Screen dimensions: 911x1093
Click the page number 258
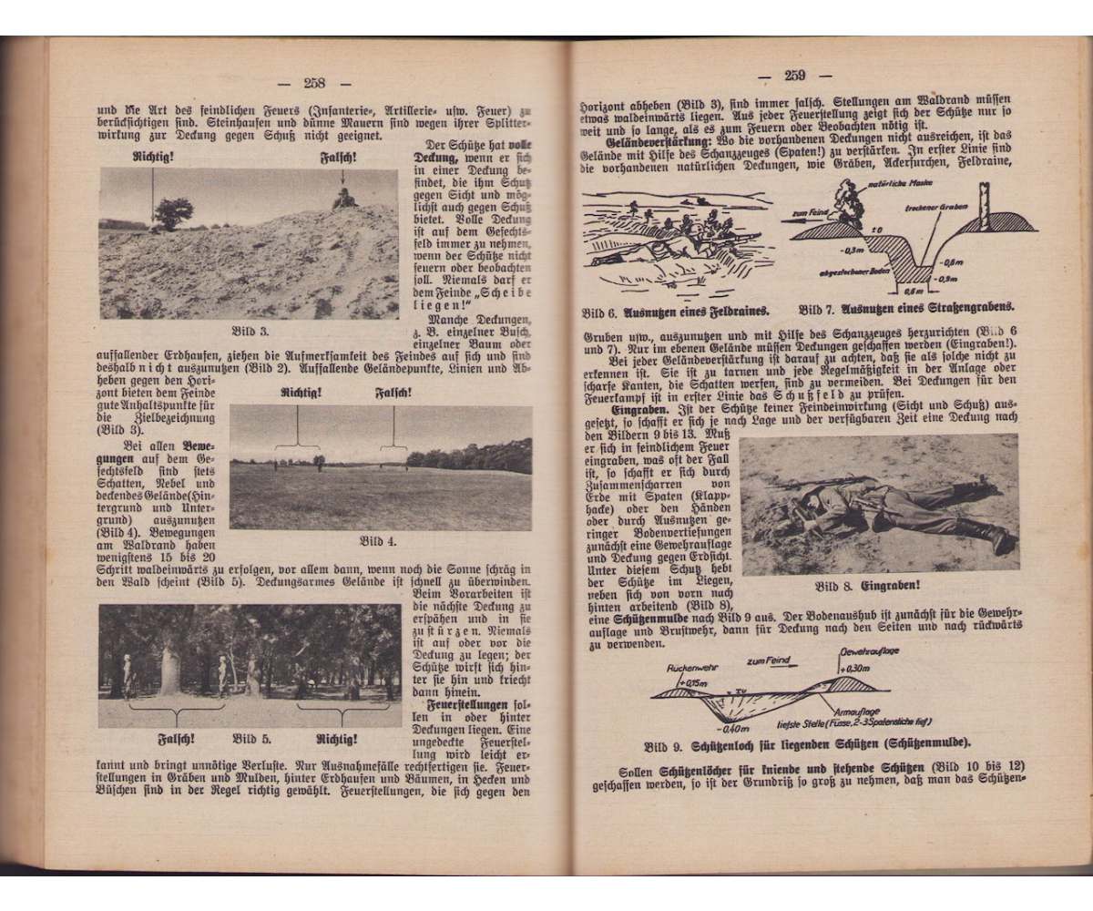click(x=314, y=83)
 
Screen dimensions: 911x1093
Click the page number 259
click(x=794, y=76)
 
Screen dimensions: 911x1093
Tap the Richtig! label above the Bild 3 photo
click(x=153, y=158)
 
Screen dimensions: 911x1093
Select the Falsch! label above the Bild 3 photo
click(x=339, y=158)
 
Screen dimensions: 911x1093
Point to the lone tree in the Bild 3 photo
click(x=173, y=213)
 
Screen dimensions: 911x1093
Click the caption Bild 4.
click(x=377, y=541)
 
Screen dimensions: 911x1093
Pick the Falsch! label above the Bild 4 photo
click(x=393, y=394)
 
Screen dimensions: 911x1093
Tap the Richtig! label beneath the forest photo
click(x=337, y=738)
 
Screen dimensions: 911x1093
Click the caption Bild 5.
click(x=251, y=738)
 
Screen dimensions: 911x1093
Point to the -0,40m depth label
click(x=733, y=729)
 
